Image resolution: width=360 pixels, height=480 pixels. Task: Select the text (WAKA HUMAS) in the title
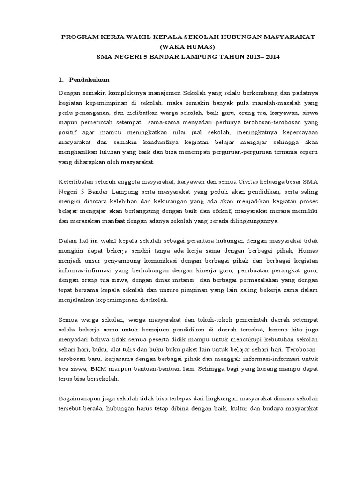tap(187, 47)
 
